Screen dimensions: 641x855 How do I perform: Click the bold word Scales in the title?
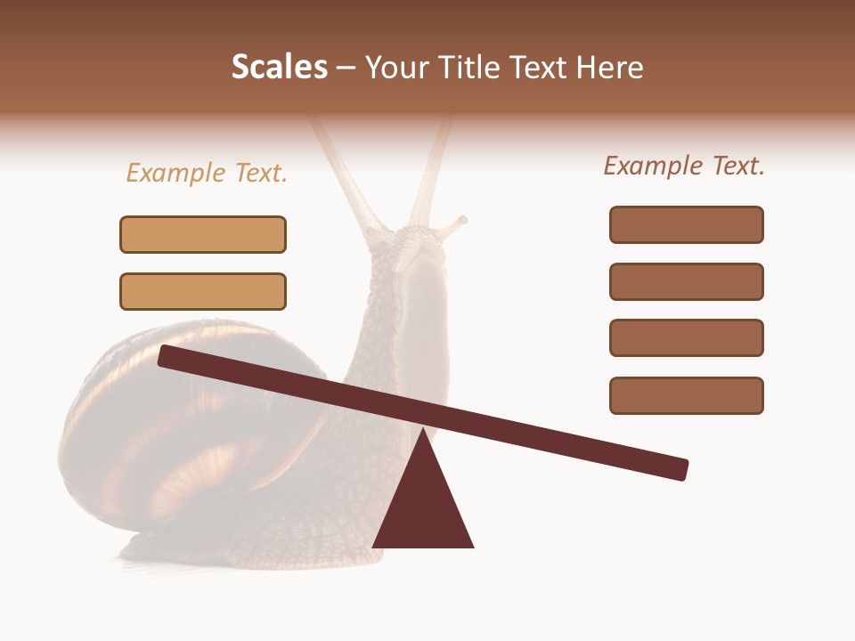(279, 67)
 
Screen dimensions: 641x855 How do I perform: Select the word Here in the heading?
(607, 67)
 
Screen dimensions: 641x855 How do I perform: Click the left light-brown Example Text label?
(207, 173)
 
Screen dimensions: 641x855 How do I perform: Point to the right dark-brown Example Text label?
(684, 166)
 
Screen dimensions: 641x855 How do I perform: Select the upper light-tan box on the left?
(203, 234)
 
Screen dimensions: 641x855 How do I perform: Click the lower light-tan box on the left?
(203, 291)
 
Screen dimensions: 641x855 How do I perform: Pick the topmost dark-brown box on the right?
(686, 224)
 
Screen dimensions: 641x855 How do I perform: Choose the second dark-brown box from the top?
(686, 281)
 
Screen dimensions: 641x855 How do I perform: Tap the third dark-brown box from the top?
(686, 338)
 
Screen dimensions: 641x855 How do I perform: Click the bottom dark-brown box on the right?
(686, 395)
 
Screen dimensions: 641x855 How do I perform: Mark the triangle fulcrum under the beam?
(423, 507)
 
